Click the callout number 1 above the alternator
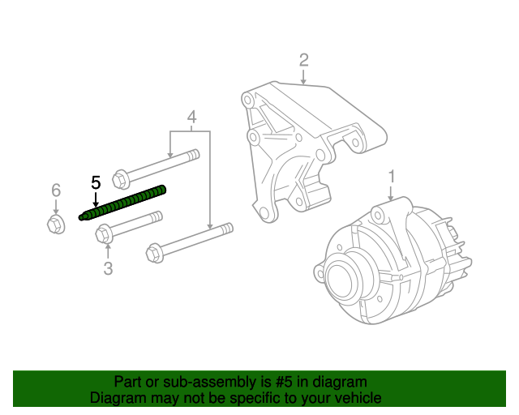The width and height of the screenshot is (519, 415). (391, 176)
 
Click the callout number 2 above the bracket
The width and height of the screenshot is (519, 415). (303, 59)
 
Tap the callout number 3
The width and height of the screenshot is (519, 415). (108, 268)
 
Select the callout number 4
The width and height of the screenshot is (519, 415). (191, 118)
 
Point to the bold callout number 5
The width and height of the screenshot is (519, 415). (96, 182)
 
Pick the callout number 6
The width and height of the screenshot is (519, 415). (56, 190)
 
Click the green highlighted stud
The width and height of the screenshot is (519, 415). (126, 203)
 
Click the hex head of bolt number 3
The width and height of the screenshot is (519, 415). (104, 235)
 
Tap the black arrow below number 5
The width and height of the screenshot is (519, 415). (96, 200)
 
